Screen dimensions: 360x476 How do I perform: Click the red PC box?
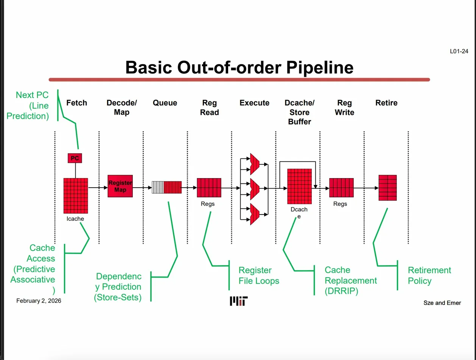[x=75, y=158]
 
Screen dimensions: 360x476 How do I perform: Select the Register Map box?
[x=120, y=186]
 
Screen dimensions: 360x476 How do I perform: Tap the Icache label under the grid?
[x=75, y=219]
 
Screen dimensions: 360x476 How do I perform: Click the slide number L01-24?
[x=459, y=51]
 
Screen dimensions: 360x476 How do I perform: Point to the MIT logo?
[x=239, y=301]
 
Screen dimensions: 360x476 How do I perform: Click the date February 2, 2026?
[x=39, y=301]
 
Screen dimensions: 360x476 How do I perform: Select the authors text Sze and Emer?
[x=442, y=303]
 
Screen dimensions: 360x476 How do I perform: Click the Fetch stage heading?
[x=76, y=103]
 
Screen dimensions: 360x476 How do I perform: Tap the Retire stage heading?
[x=386, y=103]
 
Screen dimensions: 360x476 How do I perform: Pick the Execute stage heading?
[x=254, y=103]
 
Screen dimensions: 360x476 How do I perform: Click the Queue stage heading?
[x=165, y=103]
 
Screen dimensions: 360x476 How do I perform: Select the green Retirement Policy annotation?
[x=429, y=275]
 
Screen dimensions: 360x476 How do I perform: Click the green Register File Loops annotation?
[x=259, y=275]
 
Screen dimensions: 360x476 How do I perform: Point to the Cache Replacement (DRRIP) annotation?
[x=351, y=280]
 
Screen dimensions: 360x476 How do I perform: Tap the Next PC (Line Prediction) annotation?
[x=32, y=105]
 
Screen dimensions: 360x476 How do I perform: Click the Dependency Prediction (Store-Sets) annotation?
[x=118, y=287]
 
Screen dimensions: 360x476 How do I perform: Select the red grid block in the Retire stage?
[x=387, y=188]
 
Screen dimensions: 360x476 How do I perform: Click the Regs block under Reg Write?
[x=341, y=188]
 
